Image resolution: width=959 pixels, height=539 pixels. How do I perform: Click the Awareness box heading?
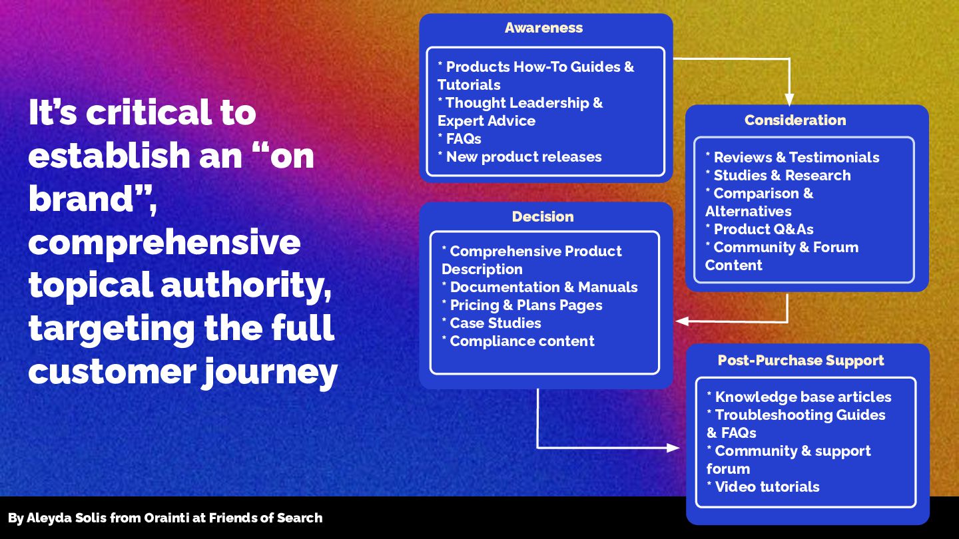click(x=543, y=28)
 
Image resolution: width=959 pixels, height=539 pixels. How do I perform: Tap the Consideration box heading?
click(x=795, y=120)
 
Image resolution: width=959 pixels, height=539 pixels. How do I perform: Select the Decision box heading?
click(x=543, y=217)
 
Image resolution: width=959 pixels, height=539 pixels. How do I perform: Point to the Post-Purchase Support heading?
click(x=800, y=361)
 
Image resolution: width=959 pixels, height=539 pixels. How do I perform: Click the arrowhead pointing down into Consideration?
click(x=789, y=100)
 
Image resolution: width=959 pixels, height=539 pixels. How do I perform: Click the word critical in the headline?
click(x=171, y=112)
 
